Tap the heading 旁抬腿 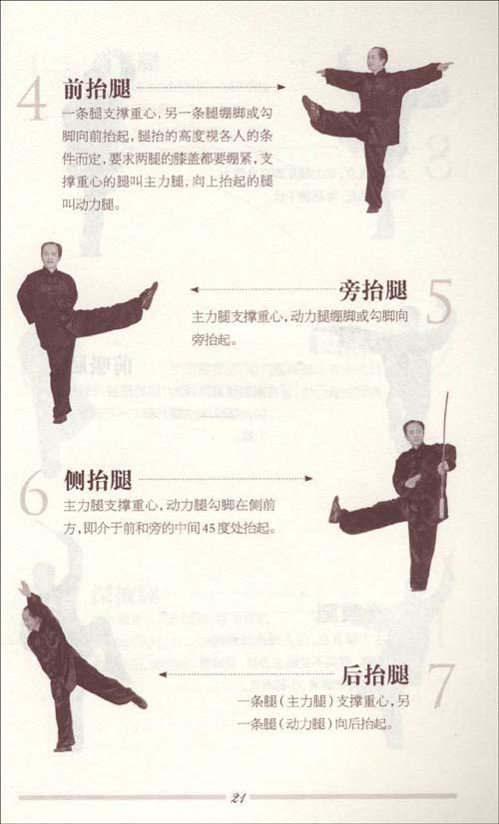pyautogui.click(x=375, y=290)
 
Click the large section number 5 pyautogui.click(x=439, y=302)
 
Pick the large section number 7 pyautogui.click(x=440, y=685)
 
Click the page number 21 pyautogui.click(x=239, y=796)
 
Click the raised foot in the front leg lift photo pyautogui.click(x=311, y=107)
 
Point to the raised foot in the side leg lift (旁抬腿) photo pyautogui.click(x=149, y=294)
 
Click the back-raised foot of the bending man pyautogui.click(x=139, y=701)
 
